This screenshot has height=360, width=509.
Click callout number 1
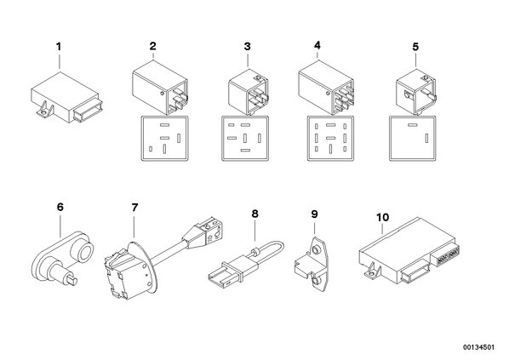pos(59,47)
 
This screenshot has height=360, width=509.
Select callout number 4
pos(317,45)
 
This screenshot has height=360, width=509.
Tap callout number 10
pos(382,217)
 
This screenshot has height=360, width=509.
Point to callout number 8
pos(254,214)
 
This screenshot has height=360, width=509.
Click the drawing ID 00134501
pos(478,347)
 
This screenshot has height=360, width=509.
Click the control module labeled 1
pos(66,98)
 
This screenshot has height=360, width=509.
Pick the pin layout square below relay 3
pos(246,138)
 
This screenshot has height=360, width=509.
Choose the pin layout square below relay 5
pos(413,138)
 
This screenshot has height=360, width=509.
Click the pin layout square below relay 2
pos(165,138)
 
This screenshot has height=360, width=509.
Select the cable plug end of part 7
pos(208,232)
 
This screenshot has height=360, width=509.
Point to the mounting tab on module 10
pos(371,271)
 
